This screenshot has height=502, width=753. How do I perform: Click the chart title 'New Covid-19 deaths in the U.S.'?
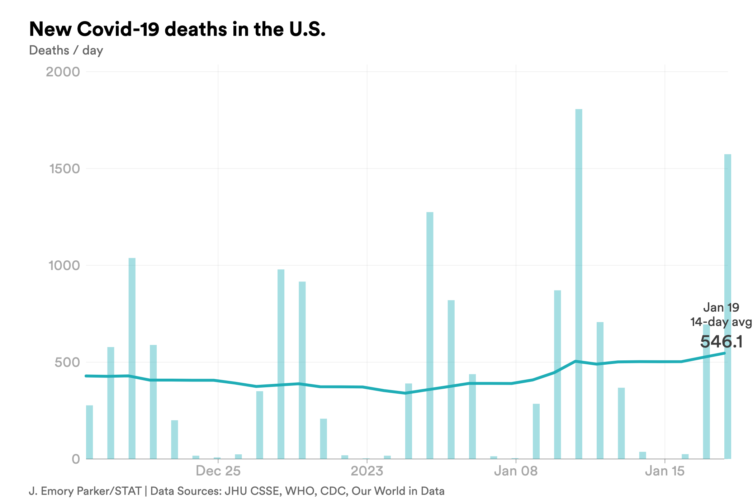coord(177,29)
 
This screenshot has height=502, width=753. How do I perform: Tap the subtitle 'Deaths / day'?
coord(66,51)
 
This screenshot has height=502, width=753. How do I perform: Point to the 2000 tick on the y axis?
coord(63,72)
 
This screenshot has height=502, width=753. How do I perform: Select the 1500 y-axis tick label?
coord(65,169)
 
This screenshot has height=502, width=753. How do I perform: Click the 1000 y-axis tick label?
coord(64,265)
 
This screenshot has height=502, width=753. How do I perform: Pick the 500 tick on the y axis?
coord(67,362)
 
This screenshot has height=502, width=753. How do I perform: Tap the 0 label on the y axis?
coord(76,459)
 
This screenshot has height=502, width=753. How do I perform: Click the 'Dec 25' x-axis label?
coord(218,471)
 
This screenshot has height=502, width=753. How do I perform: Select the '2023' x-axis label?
coord(367,471)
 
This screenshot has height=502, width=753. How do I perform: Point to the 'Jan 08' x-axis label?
coord(516,471)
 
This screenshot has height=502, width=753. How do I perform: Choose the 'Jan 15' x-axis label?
coord(665,471)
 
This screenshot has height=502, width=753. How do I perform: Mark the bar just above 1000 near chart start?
coord(132,359)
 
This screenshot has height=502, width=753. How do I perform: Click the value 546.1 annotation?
coord(721,341)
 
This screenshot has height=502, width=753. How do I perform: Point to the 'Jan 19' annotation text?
coord(721,307)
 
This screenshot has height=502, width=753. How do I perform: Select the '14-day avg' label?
coord(721,322)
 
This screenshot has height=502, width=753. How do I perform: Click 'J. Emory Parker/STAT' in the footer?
coord(85,491)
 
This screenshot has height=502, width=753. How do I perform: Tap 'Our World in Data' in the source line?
coord(398,491)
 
